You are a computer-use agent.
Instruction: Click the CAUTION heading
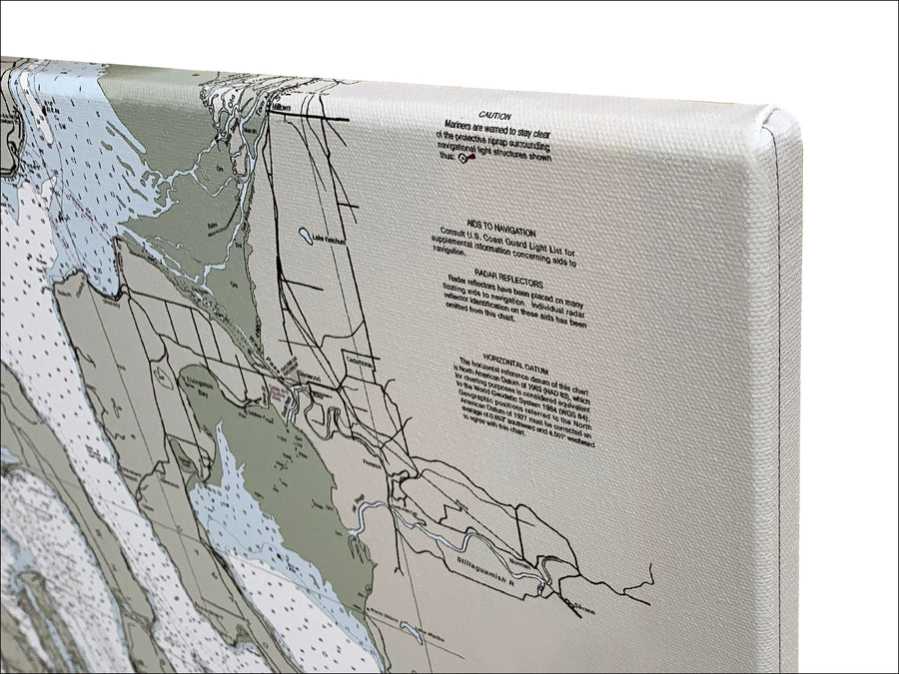(x=496, y=117)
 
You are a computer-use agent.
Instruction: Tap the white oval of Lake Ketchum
(x=305, y=236)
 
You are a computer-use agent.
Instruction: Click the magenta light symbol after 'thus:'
(x=462, y=168)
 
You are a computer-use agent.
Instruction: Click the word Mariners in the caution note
(x=462, y=127)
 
